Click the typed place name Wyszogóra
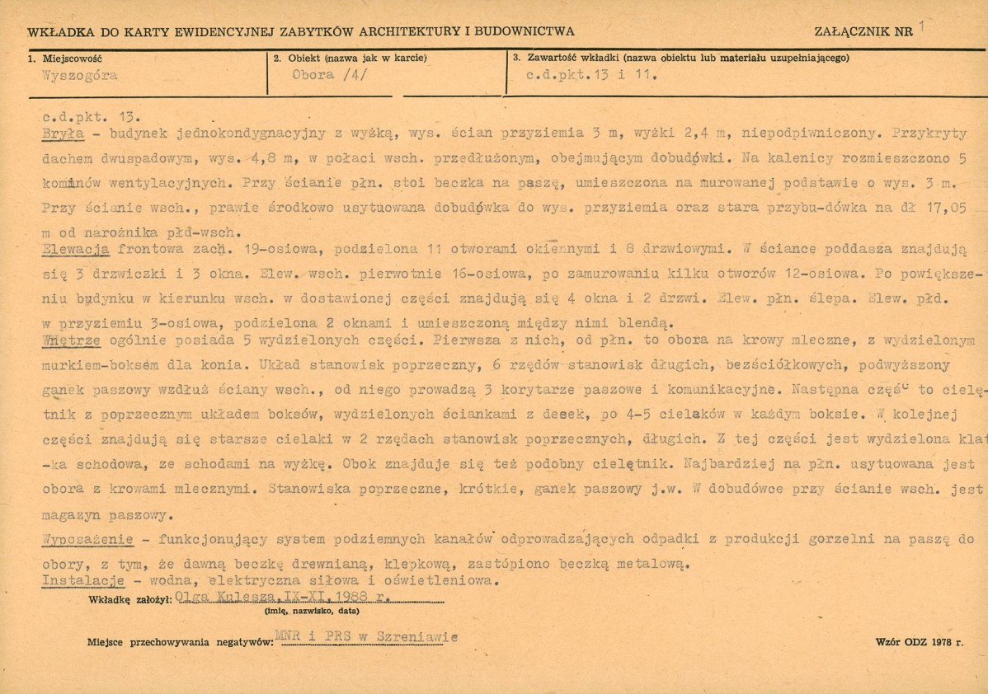coord(79,75)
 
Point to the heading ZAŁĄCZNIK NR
coord(863,32)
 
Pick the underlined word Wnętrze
coord(72,340)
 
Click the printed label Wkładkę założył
coord(129,600)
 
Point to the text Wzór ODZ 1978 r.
coord(920,640)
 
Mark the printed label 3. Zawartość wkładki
coord(565,58)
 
